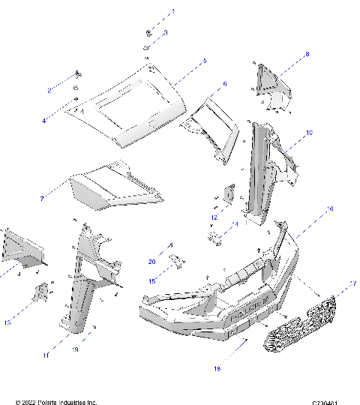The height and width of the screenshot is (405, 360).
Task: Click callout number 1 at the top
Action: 172,12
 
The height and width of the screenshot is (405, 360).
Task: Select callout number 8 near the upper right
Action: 306,54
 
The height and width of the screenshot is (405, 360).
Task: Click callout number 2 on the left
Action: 49,90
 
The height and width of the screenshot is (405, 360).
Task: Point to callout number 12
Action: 214,217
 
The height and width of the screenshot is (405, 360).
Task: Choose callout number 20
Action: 151,262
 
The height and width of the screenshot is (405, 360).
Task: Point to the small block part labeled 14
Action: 214,238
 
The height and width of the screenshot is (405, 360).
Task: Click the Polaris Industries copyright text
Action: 56,401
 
